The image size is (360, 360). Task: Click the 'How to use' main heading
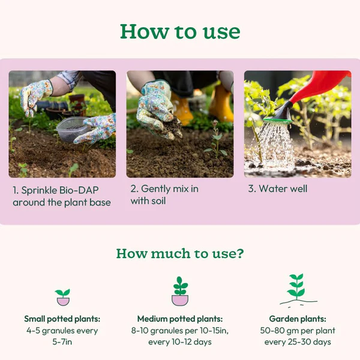(180, 32)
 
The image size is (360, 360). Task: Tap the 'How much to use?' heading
(180, 253)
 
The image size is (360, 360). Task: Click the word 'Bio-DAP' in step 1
(79, 190)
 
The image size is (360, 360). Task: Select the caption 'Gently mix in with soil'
(164, 194)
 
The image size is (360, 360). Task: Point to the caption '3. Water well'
(278, 189)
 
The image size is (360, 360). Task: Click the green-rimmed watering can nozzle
(279, 115)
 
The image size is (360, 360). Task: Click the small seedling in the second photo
(215, 140)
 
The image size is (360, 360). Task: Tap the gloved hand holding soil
(157, 110)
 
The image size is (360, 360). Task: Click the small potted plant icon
(62, 298)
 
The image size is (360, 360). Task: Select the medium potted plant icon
(180, 291)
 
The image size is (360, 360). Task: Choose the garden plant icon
(298, 289)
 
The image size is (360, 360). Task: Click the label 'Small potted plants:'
(62, 319)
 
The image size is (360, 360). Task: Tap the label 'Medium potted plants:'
(180, 319)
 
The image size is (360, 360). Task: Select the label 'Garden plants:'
(298, 319)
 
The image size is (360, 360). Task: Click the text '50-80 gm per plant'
(298, 331)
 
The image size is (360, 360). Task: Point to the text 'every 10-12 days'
(180, 342)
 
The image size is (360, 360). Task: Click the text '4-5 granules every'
(62, 331)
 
